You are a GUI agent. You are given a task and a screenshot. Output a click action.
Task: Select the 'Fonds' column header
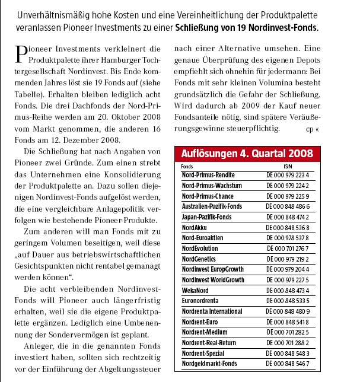click(x=187, y=167)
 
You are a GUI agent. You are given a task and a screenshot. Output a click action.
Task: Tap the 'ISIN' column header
click(x=288, y=167)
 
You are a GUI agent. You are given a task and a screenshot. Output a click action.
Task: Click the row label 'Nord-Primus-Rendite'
click(x=208, y=176)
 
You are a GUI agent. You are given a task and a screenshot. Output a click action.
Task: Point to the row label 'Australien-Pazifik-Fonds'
click(x=212, y=206)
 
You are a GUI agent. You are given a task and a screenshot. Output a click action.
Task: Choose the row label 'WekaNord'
click(x=196, y=290)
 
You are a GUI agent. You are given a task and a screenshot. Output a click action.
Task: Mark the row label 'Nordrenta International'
click(x=212, y=311)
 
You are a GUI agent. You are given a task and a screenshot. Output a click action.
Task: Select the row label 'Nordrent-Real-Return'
click(x=209, y=342)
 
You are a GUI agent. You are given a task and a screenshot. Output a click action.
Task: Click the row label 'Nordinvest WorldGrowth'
click(x=213, y=279)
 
